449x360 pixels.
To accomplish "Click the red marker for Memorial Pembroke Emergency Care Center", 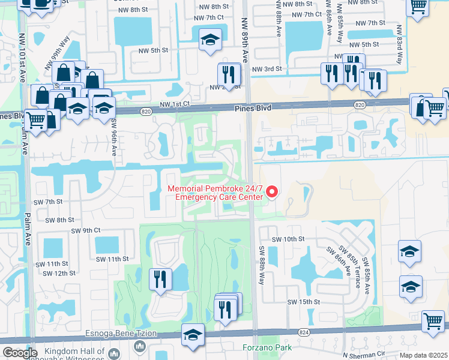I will [272, 192].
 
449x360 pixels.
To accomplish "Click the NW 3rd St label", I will [267, 70].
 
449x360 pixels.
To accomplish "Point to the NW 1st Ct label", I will [174, 104].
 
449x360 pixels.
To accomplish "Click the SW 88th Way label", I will [262, 264].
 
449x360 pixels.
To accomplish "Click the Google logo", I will [20, 352].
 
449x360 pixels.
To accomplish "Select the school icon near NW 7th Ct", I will [210, 40].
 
